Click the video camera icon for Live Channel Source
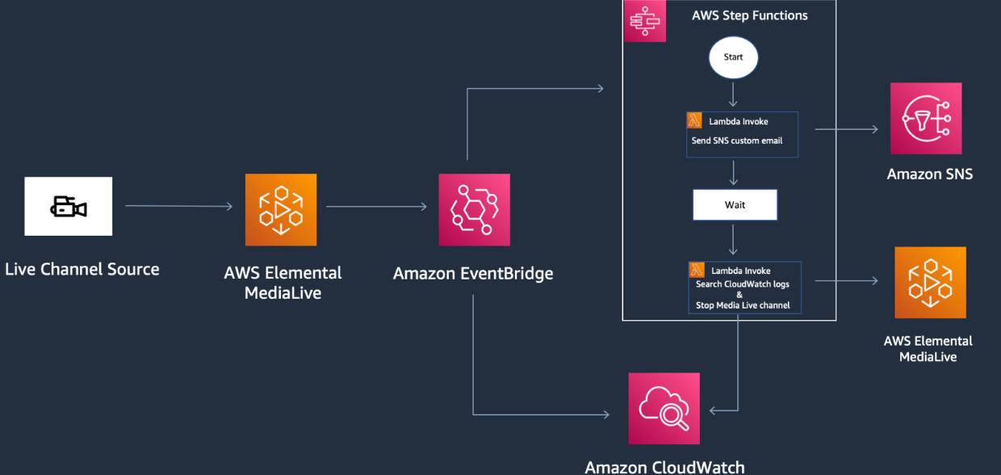point(69,207)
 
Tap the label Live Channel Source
point(82,269)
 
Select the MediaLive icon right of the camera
point(281,209)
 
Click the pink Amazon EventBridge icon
point(474,209)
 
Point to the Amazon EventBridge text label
point(473,274)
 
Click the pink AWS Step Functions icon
point(645,22)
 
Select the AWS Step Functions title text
point(749,15)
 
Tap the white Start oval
point(733,58)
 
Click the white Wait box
point(735,205)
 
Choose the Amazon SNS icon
point(926,118)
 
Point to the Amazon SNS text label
point(929,174)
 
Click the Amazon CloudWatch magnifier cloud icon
point(664,408)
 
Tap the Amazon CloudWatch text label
point(664,466)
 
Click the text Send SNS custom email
point(736,141)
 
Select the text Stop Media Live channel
point(743,305)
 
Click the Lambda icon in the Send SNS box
point(694,121)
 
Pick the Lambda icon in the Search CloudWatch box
point(697,270)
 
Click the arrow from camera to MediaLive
point(178,207)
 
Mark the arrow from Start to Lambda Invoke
point(733,95)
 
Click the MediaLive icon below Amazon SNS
point(930,283)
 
